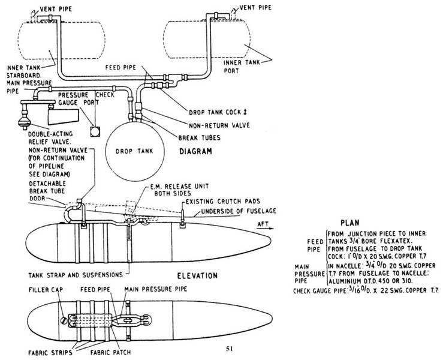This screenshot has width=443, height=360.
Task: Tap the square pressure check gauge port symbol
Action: pos(94,131)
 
